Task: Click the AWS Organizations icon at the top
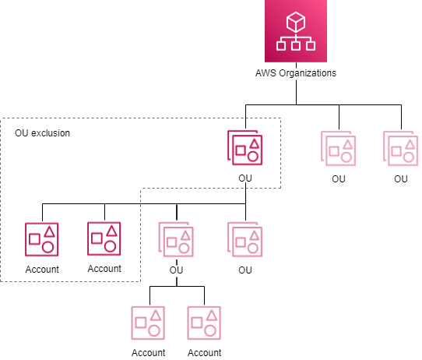295,31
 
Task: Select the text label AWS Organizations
295,74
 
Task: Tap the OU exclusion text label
43,133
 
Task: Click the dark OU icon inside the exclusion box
245,148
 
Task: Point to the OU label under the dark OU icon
245,179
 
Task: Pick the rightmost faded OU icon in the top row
401,148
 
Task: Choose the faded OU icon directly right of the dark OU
339,148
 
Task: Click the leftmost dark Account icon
42,239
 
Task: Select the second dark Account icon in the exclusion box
104,239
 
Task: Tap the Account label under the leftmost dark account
42,269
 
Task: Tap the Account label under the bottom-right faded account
205,353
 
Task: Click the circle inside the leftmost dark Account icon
47,246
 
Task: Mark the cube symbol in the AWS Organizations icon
295,19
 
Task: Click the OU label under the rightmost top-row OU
401,179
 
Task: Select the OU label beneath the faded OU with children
176,270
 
